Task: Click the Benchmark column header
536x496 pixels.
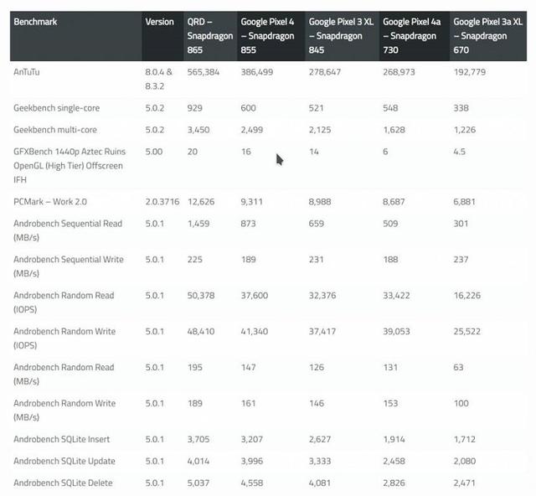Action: [35, 22]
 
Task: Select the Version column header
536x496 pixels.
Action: [160, 22]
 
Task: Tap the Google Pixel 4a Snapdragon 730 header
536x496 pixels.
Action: [412, 36]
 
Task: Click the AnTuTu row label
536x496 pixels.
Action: [27, 72]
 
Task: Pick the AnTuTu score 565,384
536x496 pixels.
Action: [204, 72]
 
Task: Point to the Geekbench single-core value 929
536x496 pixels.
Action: [195, 108]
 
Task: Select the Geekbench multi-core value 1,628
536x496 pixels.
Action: [394, 130]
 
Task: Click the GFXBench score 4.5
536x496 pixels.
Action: [460, 152]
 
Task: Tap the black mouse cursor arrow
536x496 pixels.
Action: [280, 159]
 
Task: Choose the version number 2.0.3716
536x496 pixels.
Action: [162, 202]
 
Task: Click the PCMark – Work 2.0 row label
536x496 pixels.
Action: [50, 202]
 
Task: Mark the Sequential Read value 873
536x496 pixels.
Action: [248, 224]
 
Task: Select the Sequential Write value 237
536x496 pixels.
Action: [461, 260]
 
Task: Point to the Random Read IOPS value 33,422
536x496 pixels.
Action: [396, 296]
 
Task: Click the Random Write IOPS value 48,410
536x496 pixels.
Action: [201, 332]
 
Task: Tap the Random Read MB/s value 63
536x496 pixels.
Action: [458, 367]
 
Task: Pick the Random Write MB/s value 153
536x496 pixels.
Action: [390, 403]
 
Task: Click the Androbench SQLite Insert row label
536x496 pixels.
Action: [62, 439]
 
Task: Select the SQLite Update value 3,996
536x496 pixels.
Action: [252, 461]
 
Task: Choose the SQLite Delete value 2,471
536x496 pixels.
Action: [465, 483]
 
